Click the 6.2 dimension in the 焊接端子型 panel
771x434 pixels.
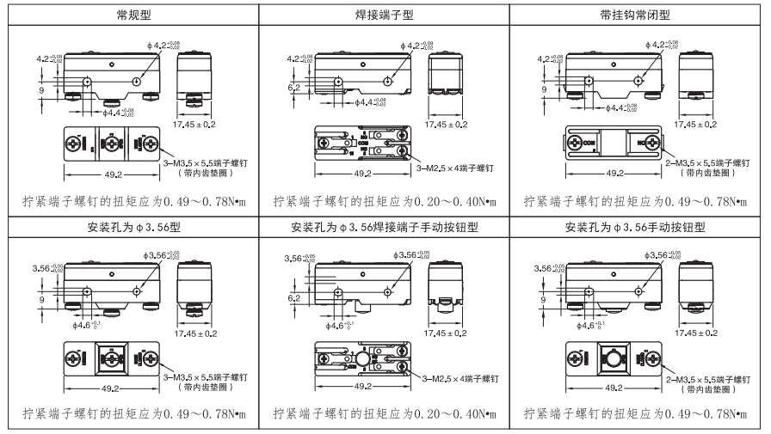click(x=294, y=87)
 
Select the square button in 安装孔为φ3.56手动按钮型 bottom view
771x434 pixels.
click(x=618, y=358)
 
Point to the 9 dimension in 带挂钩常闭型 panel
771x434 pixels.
click(x=545, y=87)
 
